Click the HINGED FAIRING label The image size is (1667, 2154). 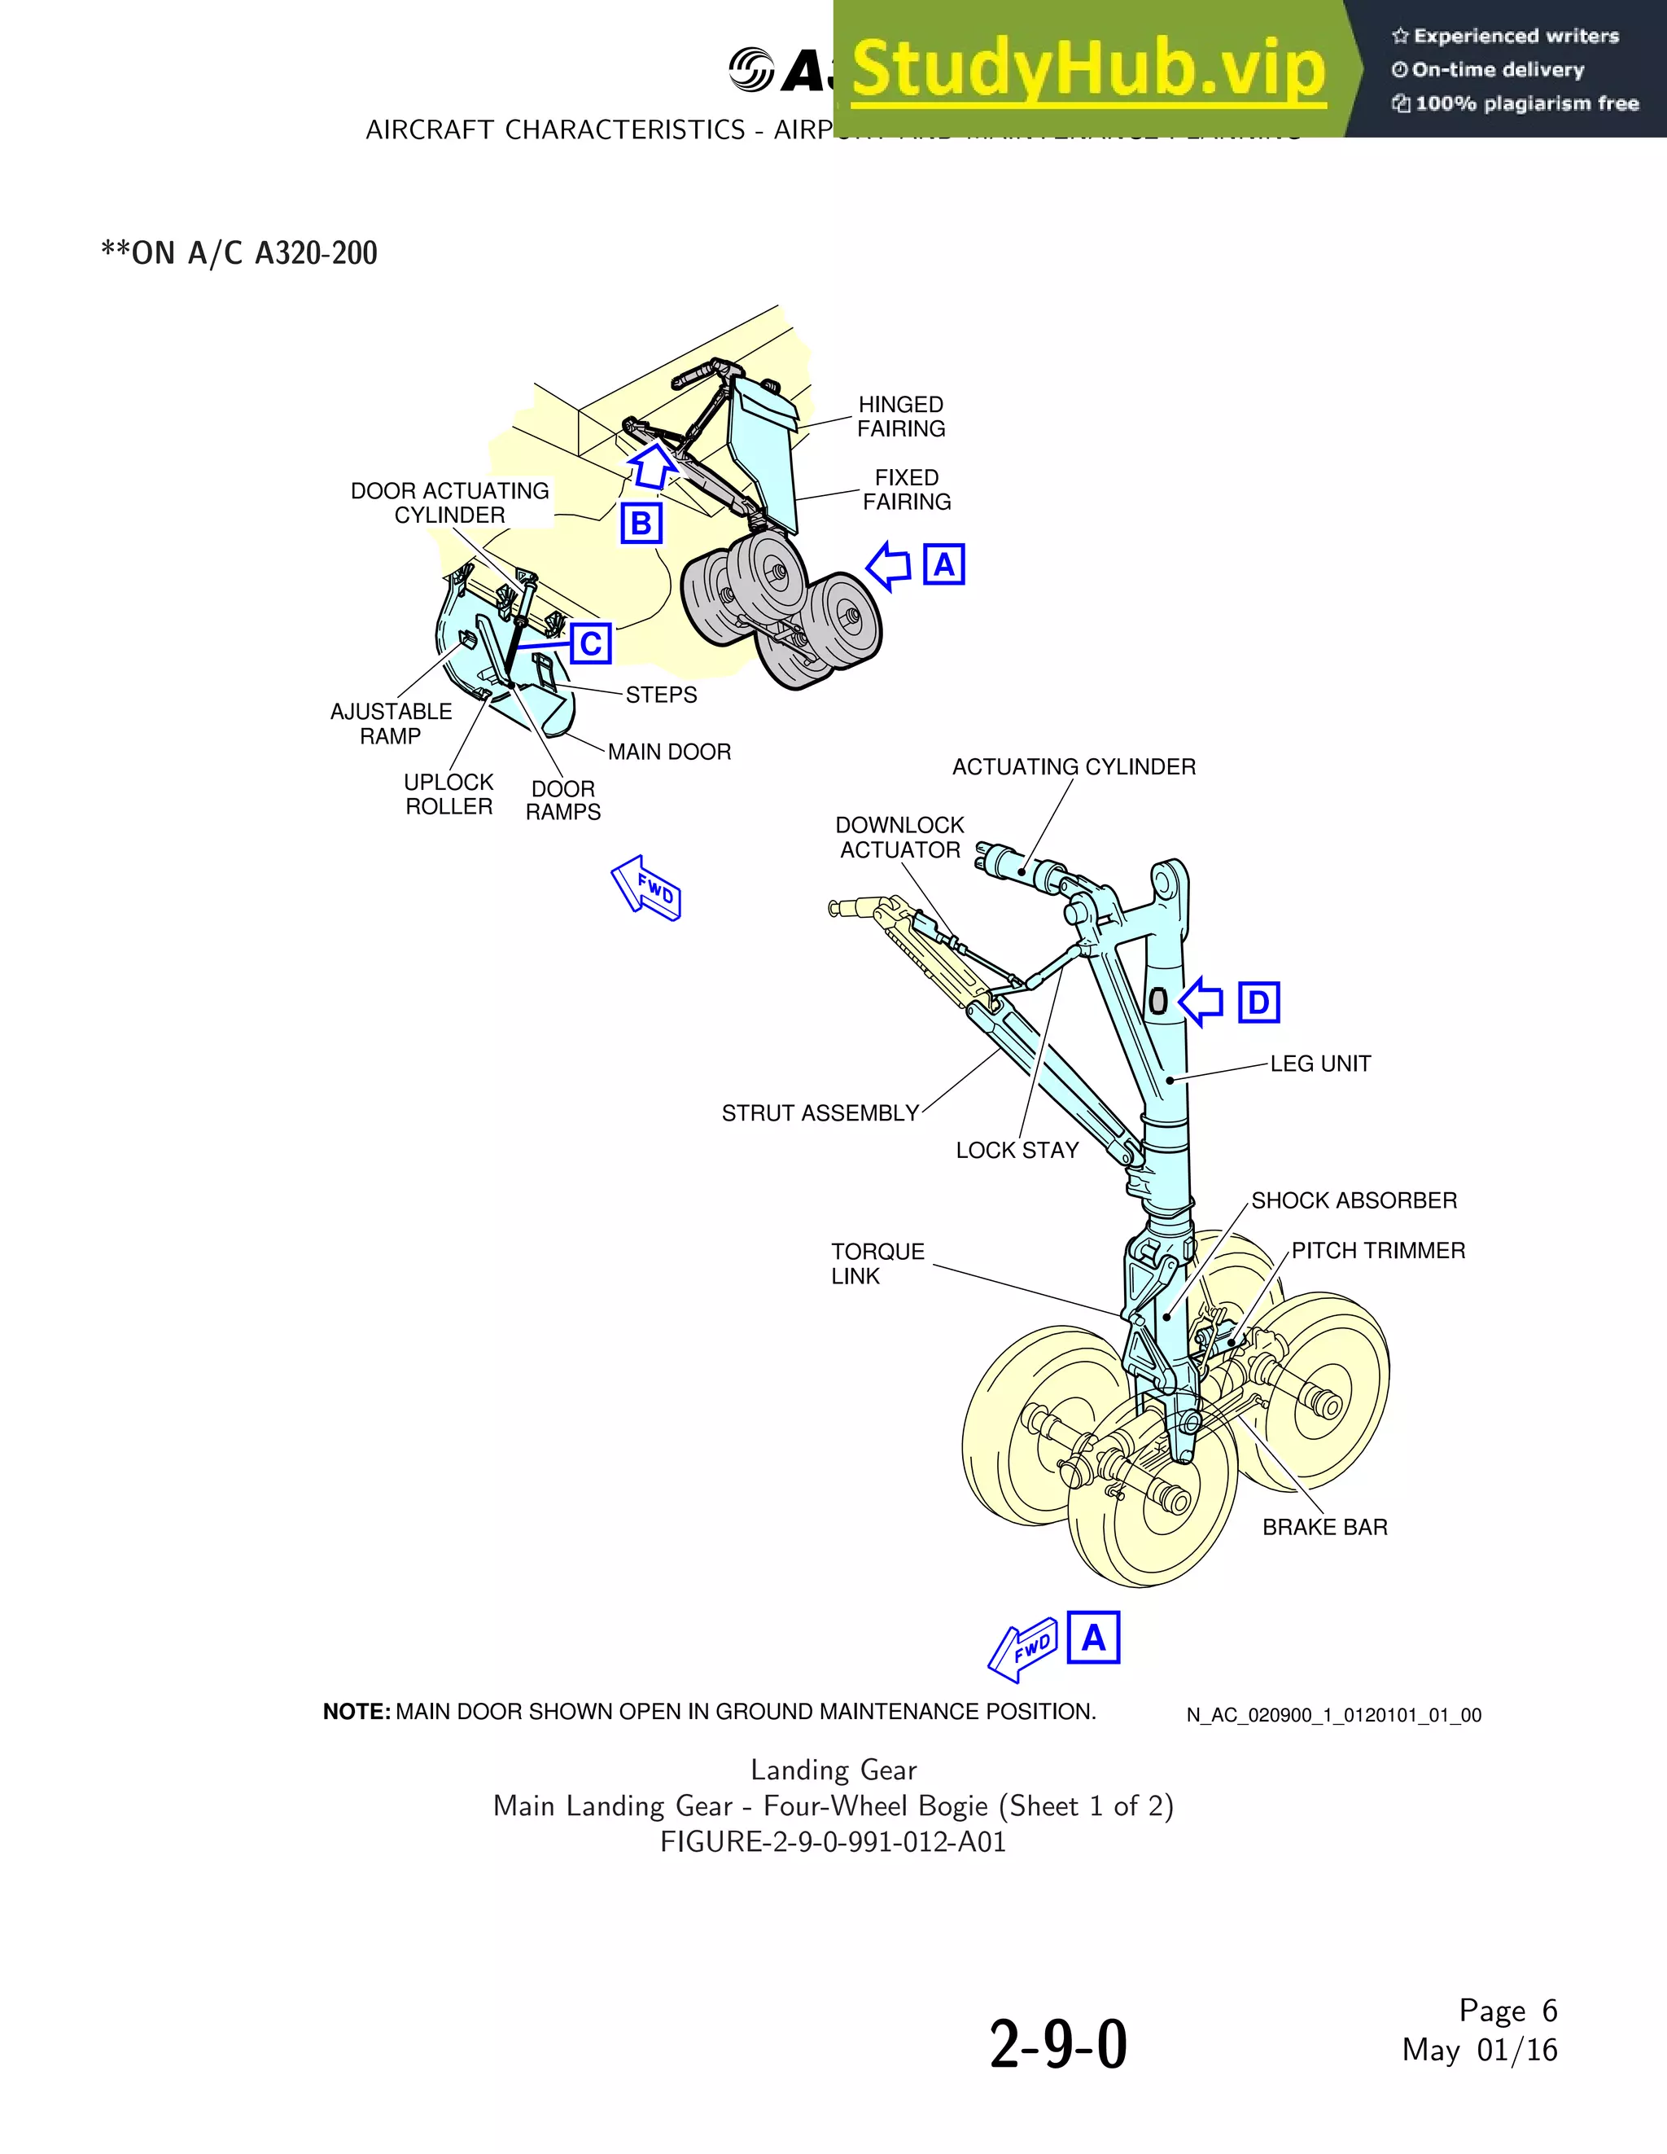tap(900, 416)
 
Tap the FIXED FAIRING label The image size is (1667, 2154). tap(906, 489)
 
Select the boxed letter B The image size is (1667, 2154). tap(641, 524)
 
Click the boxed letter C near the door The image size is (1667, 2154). tap(590, 644)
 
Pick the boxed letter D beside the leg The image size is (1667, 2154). tap(1258, 1002)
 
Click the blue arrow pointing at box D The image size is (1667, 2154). tap(1201, 1002)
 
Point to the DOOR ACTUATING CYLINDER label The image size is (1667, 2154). tap(449, 503)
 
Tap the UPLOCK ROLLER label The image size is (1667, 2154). tap(448, 794)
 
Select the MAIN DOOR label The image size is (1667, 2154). tap(668, 752)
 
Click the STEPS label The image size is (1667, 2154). tap(660, 695)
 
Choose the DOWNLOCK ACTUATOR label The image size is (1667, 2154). tap(899, 837)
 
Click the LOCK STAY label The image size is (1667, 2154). tap(1017, 1150)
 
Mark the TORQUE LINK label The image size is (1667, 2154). tap(877, 1263)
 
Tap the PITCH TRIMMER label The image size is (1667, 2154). tap(1377, 1251)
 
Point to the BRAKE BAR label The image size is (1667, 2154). tap(1324, 1527)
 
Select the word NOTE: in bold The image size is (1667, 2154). tap(357, 1712)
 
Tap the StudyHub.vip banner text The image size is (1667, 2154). tap(1087, 69)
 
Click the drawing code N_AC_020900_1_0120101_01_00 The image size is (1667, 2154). tap(1332, 1715)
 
